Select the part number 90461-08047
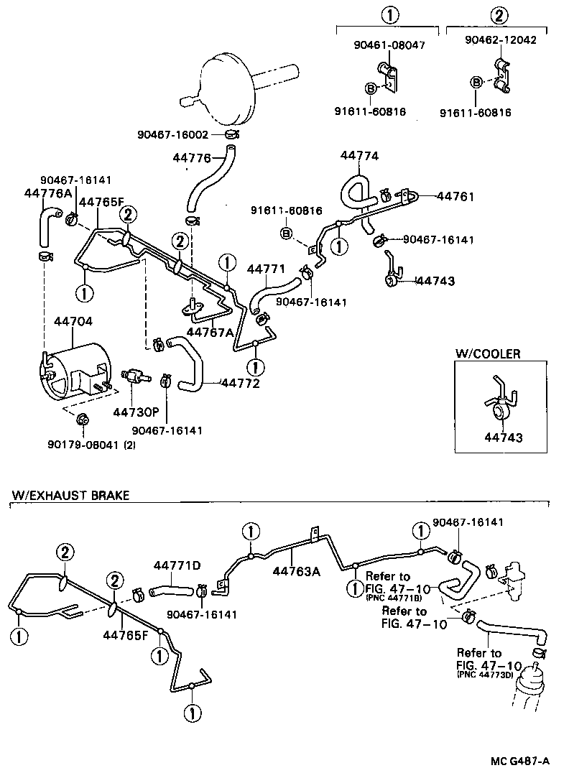(x=389, y=45)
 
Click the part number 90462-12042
(x=500, y=41)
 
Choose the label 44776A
(x=47, y=193)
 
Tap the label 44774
(x=359, y=156)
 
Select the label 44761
(x=456, y=195)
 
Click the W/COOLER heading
(x=488, y=353)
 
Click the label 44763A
(x=297, y=572)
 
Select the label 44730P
(x=135, y=412)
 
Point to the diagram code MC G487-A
(x=522, y=761)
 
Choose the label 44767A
(x=210, y=332)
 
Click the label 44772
(x=239, y=385)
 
